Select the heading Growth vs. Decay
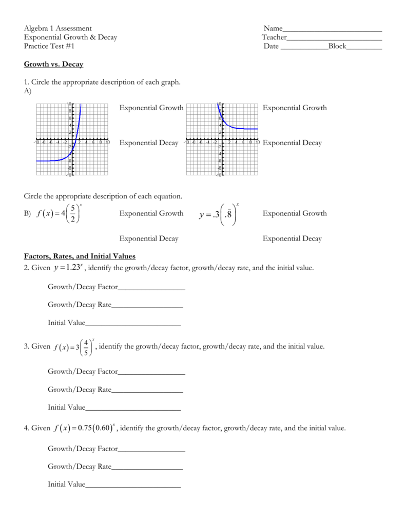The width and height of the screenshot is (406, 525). (53, 64)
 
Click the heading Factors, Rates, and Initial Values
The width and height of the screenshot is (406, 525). (80, 256)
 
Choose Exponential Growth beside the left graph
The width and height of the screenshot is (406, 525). (151, 108)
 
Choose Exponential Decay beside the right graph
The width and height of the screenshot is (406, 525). (292, 143)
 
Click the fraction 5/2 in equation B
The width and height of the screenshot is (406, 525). (73, 214)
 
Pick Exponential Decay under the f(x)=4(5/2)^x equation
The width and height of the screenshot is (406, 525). (149, 238)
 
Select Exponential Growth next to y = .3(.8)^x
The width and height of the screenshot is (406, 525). (295, 213)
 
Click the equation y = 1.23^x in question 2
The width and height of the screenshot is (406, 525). (68, 267)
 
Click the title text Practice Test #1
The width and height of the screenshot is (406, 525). (49, 46)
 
